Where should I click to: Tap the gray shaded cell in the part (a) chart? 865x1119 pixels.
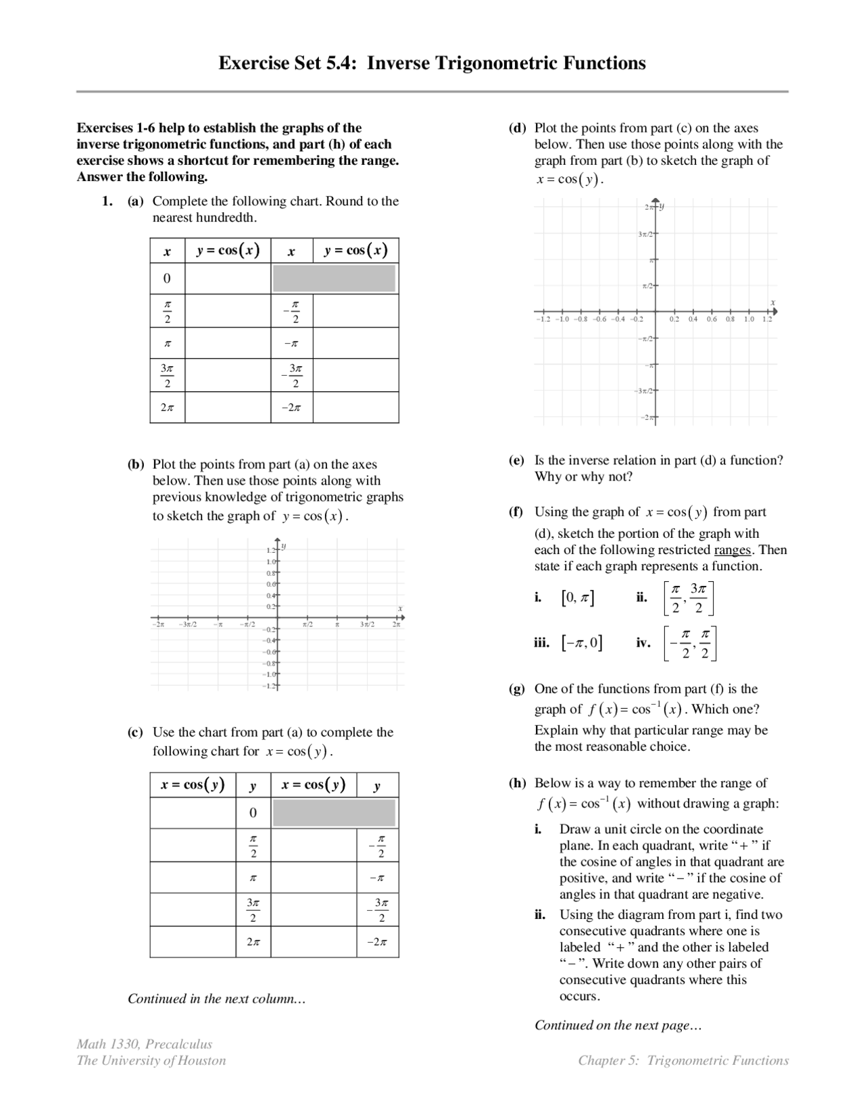334,278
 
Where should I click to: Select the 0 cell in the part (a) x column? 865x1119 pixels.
167,278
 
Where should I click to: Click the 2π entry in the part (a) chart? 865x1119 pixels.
167,408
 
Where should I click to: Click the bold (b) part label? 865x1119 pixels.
136,464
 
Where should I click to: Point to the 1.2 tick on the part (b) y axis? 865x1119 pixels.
271,551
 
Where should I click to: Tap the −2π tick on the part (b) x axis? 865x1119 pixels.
157,624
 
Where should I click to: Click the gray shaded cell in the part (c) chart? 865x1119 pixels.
334,813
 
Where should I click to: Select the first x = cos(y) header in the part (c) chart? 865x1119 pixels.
193,785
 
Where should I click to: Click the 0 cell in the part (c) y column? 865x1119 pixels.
253,813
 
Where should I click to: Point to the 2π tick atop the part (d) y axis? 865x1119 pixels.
647,207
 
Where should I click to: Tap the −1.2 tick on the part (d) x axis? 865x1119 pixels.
543,319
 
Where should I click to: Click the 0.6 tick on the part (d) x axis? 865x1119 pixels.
712,319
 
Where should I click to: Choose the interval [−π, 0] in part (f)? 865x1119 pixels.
582,643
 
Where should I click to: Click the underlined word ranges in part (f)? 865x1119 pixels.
732,550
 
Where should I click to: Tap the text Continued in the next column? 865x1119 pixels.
216,999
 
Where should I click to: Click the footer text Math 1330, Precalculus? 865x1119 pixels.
144,1044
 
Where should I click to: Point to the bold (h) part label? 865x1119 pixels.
517,783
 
